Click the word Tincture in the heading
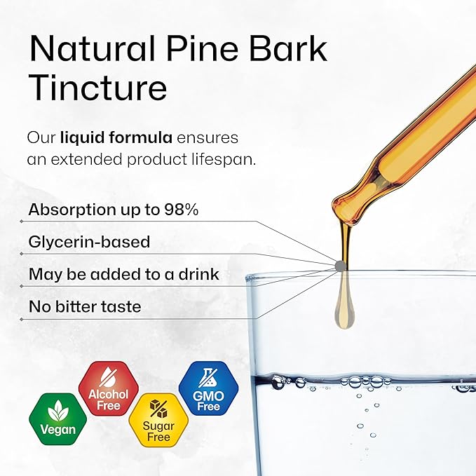pyautogui.click(x=97, y=89)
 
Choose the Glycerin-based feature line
pyautogui.click(x=89, y=242)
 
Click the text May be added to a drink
pyautogui.click(x=123, y=274)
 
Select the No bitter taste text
pyautogui.click(x=84, y=306)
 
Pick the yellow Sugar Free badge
pyautogui.click(x=158, y=419)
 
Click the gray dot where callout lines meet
pyautogui.click(x=339, y=266)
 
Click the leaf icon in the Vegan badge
pyautogui.click(x=57, y=411)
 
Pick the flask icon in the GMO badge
pyautogui.click(x=208, y=379)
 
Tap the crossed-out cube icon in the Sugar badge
pyautogui.click(x=158, y=407)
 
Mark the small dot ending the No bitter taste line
pyautogui.click(x=22, y=319)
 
